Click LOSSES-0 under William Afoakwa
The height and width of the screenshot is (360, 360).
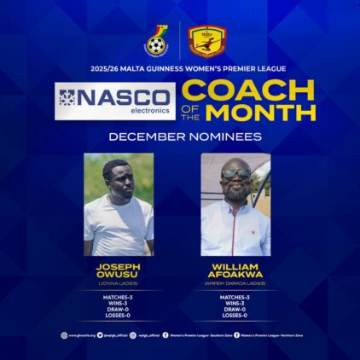pyautogui.click(x=235, y=316)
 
